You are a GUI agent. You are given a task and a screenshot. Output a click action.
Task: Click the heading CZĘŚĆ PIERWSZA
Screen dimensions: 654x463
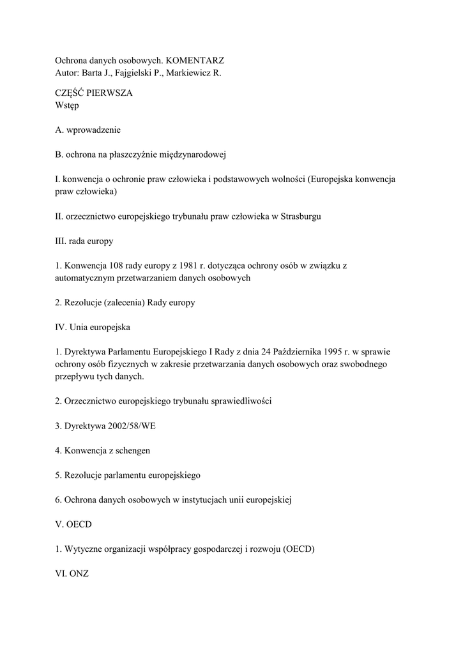tap(94, 93)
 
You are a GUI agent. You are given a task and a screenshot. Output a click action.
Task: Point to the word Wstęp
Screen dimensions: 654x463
tap(67, 105)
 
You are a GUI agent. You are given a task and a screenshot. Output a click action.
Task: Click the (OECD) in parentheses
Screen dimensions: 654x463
tap(298, 549)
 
